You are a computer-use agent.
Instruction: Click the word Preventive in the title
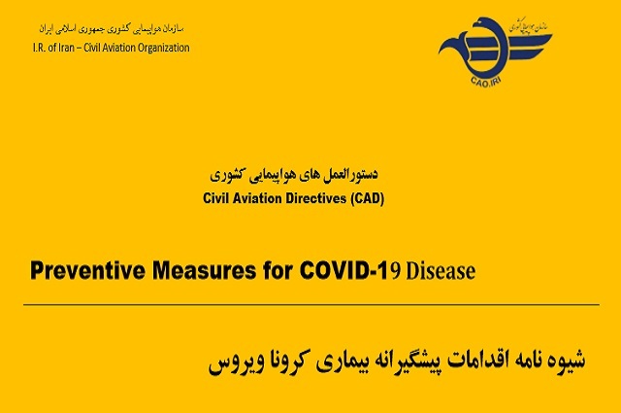87,271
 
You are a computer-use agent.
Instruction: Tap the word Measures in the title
204,271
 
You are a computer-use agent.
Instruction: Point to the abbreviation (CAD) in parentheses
367,198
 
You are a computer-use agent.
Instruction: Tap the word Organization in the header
164,48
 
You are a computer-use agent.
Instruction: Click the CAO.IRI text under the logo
486,83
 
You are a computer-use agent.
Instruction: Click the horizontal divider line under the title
311,305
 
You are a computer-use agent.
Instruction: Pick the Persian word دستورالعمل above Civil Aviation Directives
351,174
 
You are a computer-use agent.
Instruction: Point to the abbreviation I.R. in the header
39,48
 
